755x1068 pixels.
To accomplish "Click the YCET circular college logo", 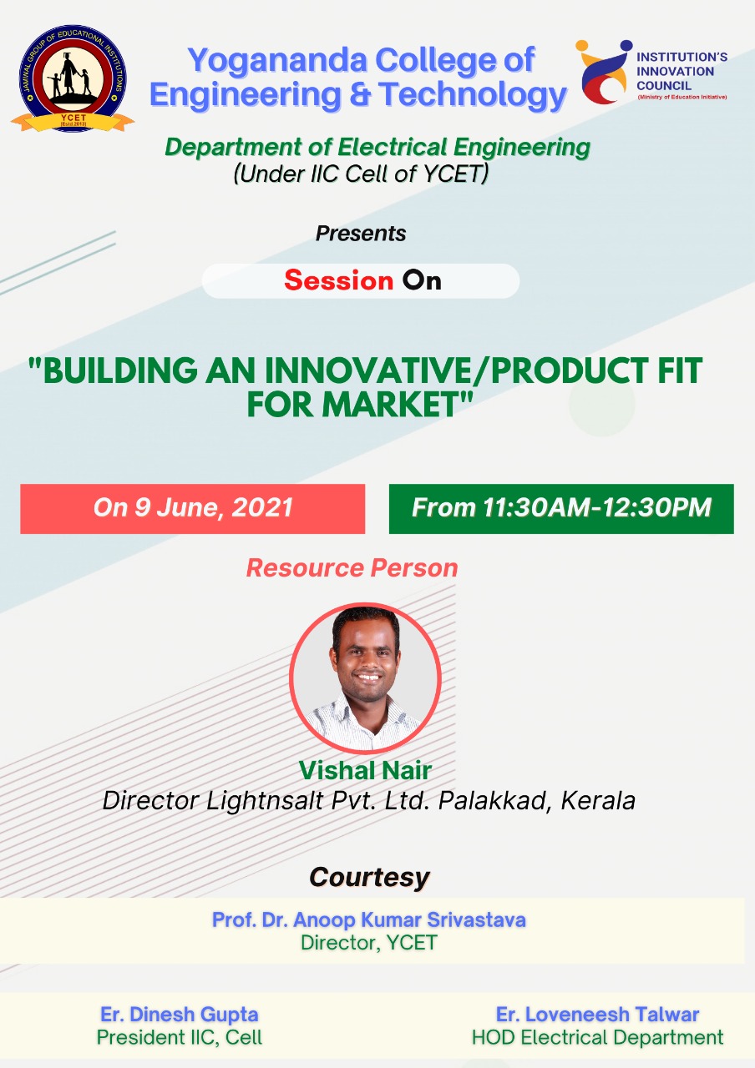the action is coord(73,78).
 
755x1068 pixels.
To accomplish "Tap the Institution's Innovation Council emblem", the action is coord(604,72).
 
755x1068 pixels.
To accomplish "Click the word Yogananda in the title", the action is coord(277,61).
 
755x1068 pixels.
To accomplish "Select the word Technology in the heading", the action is coord(473,94).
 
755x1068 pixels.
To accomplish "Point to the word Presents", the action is coord(361,234).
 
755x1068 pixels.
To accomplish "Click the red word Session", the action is coord(339,280).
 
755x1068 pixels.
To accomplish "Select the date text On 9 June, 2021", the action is coord(193,507).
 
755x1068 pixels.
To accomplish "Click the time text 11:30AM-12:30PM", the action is coord(597,507).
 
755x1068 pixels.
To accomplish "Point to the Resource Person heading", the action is coord(352,568).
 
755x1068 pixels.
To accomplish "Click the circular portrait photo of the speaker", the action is coord(366,678).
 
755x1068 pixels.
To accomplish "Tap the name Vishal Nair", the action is coord(366,770).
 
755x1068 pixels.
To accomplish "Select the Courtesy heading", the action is coord(369,877).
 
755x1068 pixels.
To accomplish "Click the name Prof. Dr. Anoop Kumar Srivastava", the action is coord(369,919).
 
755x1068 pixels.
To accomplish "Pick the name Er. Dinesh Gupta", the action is coord(180,1014).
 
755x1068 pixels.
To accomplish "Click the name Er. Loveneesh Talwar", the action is coord(597,1014).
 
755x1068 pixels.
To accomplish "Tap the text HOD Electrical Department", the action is coord(597,1037).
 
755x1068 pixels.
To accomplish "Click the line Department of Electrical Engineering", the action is coord(377,147).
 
